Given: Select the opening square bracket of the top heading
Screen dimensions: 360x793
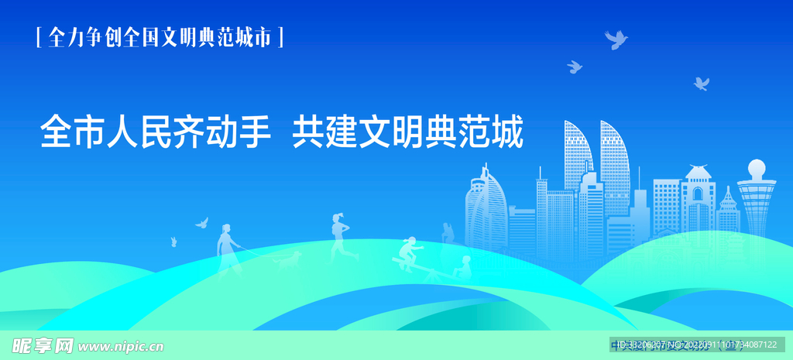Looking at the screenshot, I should click(x=39, y=37).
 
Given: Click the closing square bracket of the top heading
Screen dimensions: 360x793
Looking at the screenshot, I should click(x=280, y=37).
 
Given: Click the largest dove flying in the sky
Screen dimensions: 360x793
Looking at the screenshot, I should click(x=616, y=39).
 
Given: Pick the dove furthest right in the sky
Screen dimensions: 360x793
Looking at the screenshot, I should click(x=702, y=83).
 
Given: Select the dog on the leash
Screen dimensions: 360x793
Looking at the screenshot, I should click(x=290, y=260).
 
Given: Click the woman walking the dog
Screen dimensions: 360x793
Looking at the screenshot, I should click(x=226, y=246).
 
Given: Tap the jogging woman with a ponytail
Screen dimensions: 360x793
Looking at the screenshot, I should click(x=339, y=236).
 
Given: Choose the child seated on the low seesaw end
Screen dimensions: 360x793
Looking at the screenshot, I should click(x=464, y=267).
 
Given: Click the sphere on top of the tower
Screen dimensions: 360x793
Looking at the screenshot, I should click(x=757, y=169).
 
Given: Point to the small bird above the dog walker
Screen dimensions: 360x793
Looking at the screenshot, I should click(x=201, y=223).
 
